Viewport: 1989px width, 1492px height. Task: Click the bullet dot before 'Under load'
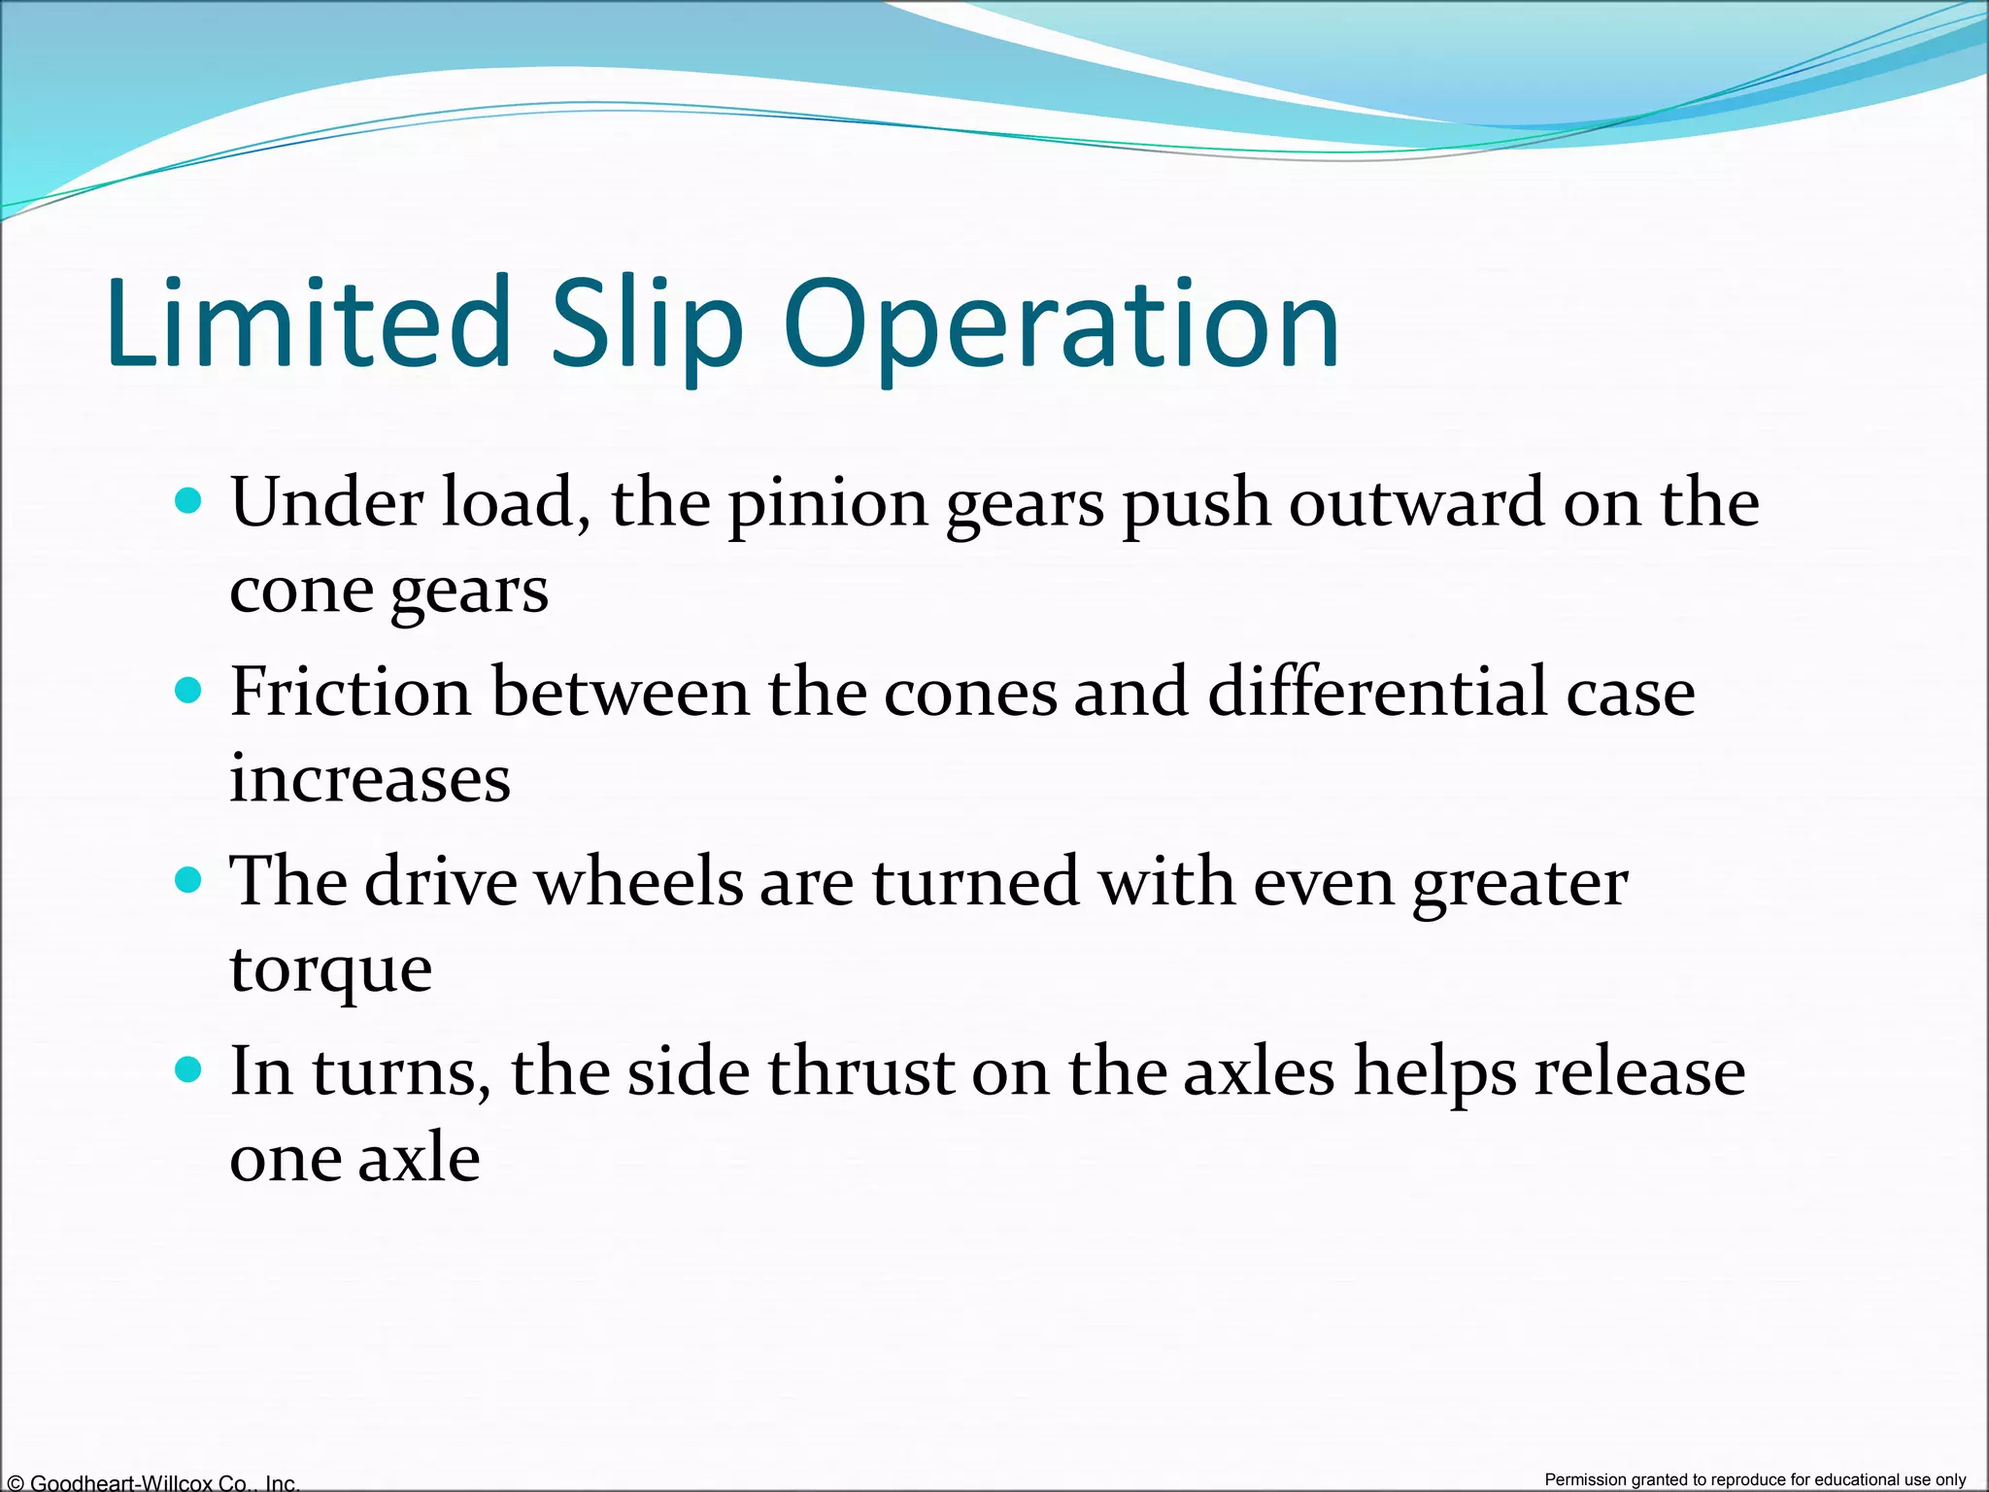[188, 501]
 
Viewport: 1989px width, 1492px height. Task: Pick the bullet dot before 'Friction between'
[188, 691]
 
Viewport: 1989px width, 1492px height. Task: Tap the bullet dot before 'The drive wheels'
[188, 880]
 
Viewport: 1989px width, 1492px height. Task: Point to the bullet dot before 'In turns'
[188, 1069]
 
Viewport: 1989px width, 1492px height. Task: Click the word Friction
[351, 692]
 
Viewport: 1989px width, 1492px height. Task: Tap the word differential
[1377, 692]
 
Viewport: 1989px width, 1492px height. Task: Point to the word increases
[370, 779]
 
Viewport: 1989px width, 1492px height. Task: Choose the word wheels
[638, 882]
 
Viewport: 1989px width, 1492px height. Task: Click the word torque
[330, 969]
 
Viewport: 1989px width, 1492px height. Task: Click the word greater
[1520, 882]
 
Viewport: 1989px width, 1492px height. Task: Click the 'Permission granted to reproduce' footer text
[1755, 1479]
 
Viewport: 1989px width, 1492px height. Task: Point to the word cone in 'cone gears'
[299, 590]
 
